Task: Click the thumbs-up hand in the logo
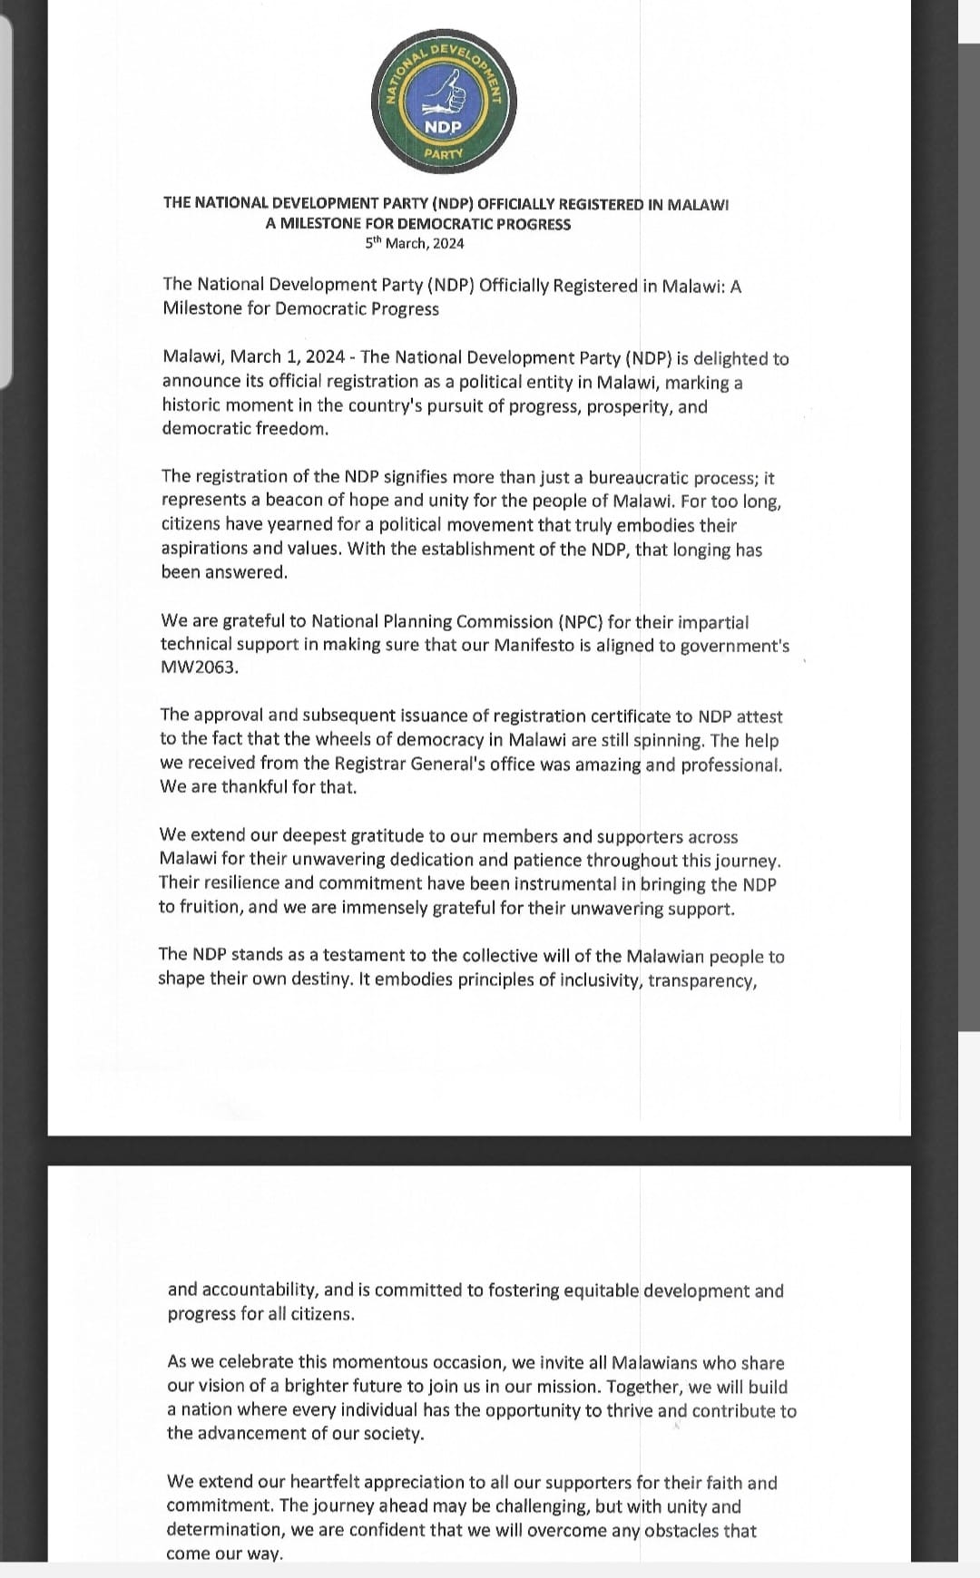pyautogui.click(x=446, y=91)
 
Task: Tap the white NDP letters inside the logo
pyautogui.click(x=444, y=127)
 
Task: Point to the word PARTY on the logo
pyautogui.click(x=444, y=153)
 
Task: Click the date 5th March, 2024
pyautogui.click(x=415, y=243)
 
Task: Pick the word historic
pyautogui.click(x=191, y=404)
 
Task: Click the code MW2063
pyautogui.click(x=199, y=667)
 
